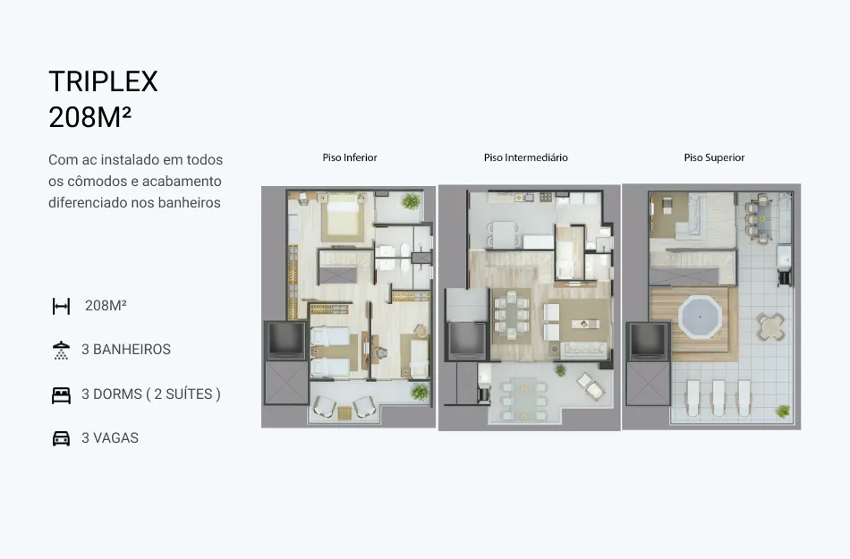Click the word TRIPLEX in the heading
click(x=103, y=81)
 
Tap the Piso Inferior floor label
click(x=350, y=157)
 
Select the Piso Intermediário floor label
click(x=526, y=157)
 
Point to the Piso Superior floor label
click(x=714, y=157)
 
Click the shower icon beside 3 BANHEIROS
click(x=61, y=351)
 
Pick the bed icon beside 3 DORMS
click(x=61, y=395)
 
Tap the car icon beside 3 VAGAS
click(x=61, y=438)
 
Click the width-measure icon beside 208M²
click(x=61, y=306)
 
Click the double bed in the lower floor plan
click(x=342, y=217)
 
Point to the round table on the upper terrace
click(x=769, y=326)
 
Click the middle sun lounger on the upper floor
click(x=718, y=398)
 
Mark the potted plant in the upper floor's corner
click(x=782, y=411)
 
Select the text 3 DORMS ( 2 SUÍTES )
click(x=151, y=394)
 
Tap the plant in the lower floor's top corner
click(x=411, y=201)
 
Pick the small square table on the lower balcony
click(x=344, y=412)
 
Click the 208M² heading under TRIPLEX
click(x=90, y=117)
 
